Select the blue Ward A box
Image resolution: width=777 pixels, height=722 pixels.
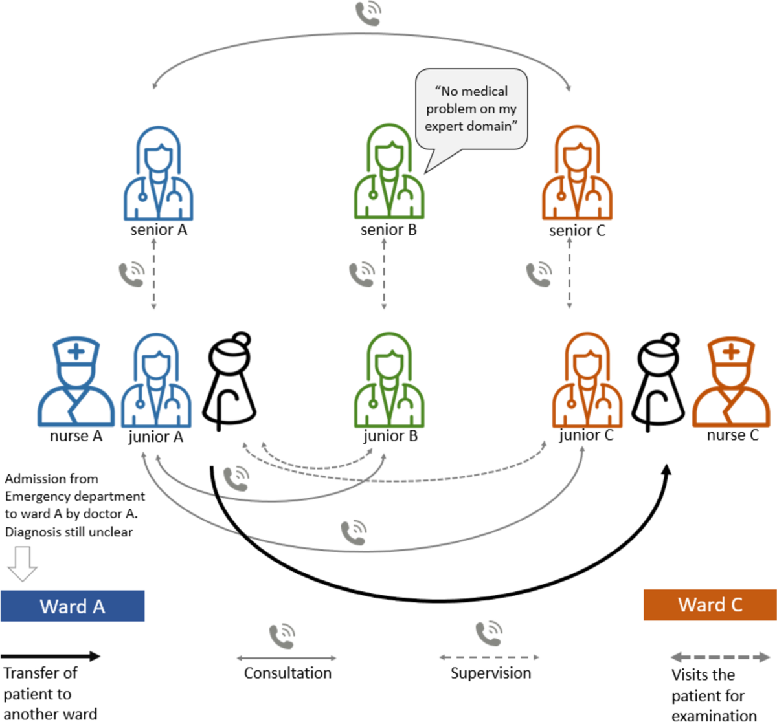click(72, 606)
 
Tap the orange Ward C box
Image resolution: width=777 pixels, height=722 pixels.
click(710, 605)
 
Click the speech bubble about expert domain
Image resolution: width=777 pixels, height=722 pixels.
click(471, 109)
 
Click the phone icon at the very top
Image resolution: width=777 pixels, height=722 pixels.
click(368, 13)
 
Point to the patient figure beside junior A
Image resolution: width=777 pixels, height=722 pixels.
click(230, 382)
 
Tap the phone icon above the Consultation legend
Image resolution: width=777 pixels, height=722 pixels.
click(282, 637)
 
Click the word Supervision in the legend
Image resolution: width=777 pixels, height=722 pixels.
click(491, 673)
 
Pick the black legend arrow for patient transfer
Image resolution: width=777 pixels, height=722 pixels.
click(51, 656)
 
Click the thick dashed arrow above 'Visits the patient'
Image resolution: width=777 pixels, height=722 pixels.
click(720, 657)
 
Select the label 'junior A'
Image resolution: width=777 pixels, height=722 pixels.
click(155, 437)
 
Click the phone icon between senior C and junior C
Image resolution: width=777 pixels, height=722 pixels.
click(539, 274)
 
